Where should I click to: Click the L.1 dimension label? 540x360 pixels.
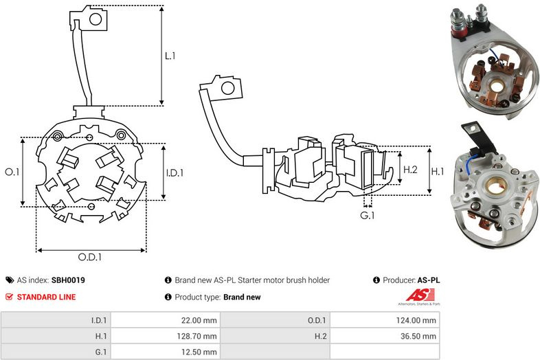[x=170, y=56]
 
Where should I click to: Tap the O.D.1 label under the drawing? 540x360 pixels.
[x=90, y=257]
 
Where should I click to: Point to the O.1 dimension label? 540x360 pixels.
[x=12, y=172]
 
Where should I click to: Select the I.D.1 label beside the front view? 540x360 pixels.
[x=175, y=172]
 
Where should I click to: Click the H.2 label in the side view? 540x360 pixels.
[x=410, y=170]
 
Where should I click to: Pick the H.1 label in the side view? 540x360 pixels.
[x=438, y=171]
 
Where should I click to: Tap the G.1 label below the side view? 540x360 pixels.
[x=367, y=215]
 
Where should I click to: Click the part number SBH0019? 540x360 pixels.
[x=68, y=280]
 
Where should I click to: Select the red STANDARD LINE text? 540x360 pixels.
[x=46, y=297]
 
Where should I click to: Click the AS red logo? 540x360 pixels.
[x=420, y=295]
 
